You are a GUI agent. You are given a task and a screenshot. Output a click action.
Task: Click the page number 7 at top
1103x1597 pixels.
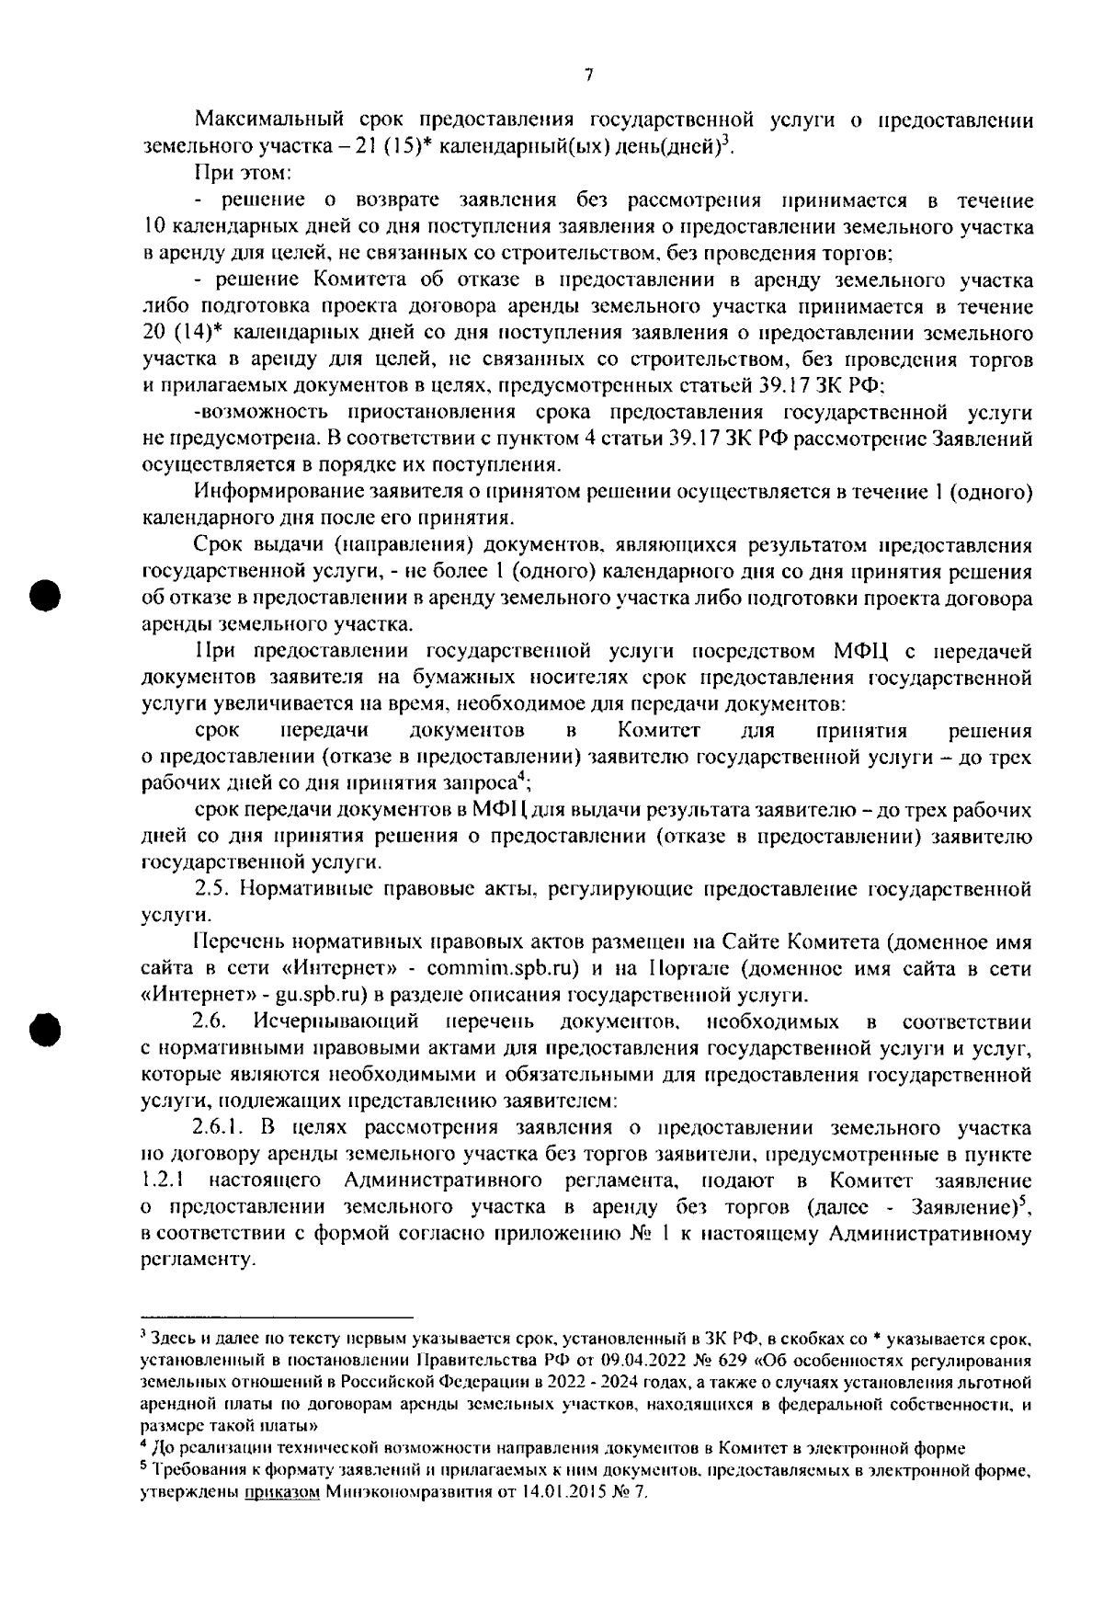pos(588,75)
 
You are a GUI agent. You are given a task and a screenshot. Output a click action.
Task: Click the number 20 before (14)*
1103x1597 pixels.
pos(154,333)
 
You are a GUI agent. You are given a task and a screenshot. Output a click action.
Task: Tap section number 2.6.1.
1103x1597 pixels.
pos(221,1128)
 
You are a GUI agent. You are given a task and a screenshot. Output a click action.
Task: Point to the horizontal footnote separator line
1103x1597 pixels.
pos(276,1318)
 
